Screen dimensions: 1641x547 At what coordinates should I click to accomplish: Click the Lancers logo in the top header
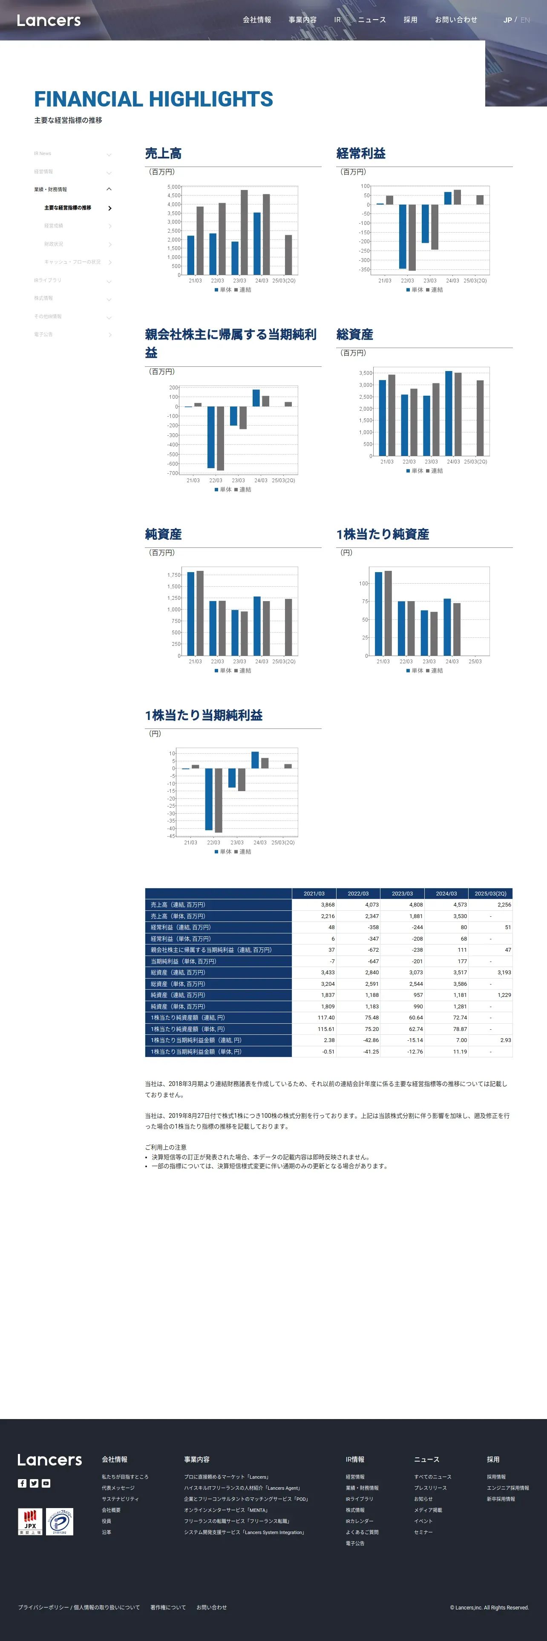coord(49,20)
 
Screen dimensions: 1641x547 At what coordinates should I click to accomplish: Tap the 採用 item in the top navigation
coord(410,20)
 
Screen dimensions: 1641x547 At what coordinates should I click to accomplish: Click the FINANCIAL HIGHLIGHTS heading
coord(153,99)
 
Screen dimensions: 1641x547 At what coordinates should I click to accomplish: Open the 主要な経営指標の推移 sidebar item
coord(67,207)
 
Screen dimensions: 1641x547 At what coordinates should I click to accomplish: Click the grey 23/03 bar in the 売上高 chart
coord(244,233)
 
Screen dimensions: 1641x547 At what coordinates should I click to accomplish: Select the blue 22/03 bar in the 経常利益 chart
coord(403,236)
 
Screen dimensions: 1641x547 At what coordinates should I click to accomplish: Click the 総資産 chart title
coord(355,334)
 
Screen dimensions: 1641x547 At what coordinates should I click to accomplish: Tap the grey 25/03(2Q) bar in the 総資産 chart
coord(480,418)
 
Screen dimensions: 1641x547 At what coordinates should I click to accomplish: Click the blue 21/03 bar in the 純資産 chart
coord(190,613)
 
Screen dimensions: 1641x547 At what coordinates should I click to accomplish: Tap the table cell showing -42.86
coord(371,1040)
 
